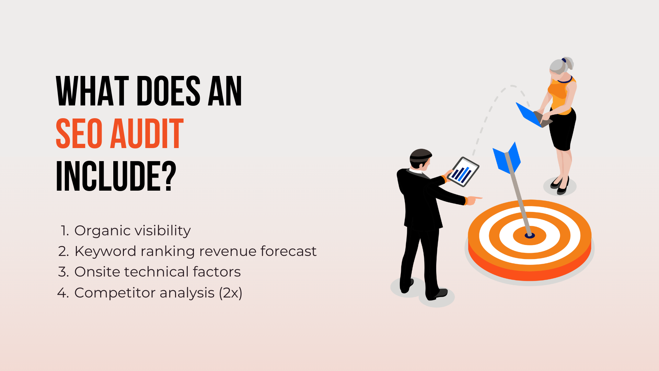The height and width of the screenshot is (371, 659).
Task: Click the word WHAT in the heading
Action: click(92, 91)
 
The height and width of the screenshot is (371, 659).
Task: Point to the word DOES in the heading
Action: click(168, 91)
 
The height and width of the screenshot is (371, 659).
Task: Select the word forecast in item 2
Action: click(288, 251)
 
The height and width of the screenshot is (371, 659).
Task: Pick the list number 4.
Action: click(63, 293)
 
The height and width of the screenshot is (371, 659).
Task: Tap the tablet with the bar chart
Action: click(463, 172)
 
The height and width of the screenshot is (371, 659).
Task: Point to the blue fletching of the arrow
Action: click(507, 158)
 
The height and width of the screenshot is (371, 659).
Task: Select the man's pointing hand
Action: click(474, 200)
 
